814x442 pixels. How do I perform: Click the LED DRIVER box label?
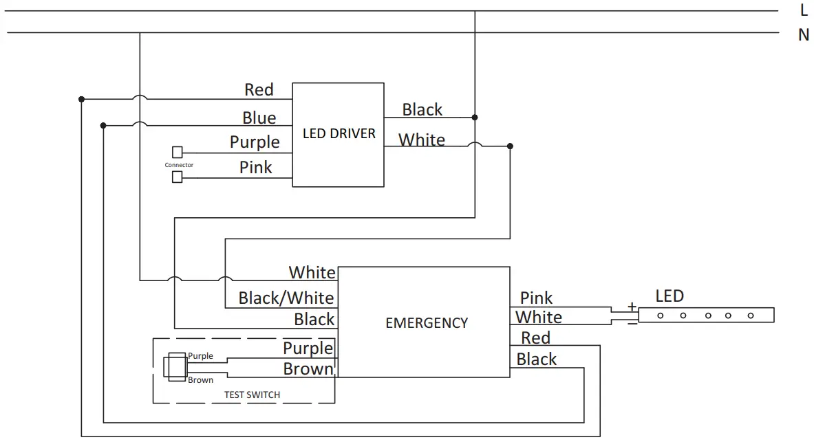pyautogui.click(x=339, y=133)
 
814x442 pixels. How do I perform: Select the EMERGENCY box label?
pyautogui.click(x=426, y=322)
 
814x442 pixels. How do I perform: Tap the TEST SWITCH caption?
pyautogui.click(x=252, y=395)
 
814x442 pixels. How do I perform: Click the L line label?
pyautogui.click(x=803, y=10)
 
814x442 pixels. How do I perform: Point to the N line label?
pyautogui.click(x=803, y=34)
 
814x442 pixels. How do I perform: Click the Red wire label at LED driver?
pyautogui.click(x=259, y=89)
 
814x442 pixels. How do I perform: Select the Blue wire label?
pyautogui.click(x=259, y=118)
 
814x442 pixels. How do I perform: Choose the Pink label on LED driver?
pyautogui.click(x=255, y=167)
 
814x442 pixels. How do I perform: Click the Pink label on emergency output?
pyautogui.click(x=536, y=298)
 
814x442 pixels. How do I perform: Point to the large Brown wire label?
pyautogui.click(x=308, y=369)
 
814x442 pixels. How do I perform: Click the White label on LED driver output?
pyautogui.click(x=421, y=140)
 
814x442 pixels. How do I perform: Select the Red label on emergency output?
pyautogui.click(x=535, y=338)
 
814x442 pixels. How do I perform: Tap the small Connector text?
pyautogui.click(x=179, y=165)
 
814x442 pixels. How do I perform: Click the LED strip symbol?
pyautogui.click(x=706, y=316)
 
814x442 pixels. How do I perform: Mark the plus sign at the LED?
pyautogui.click(x=631, y=306)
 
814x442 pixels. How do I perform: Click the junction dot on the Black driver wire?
pyautogui.click(x=475, y=118)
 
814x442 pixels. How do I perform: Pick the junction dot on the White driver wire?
pyautogui.click(x=510, y=146)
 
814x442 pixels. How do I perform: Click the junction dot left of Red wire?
pyautogui.click(x=81, y=99)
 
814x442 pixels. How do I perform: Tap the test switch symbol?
pyautogui.click(x=175, y=366)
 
